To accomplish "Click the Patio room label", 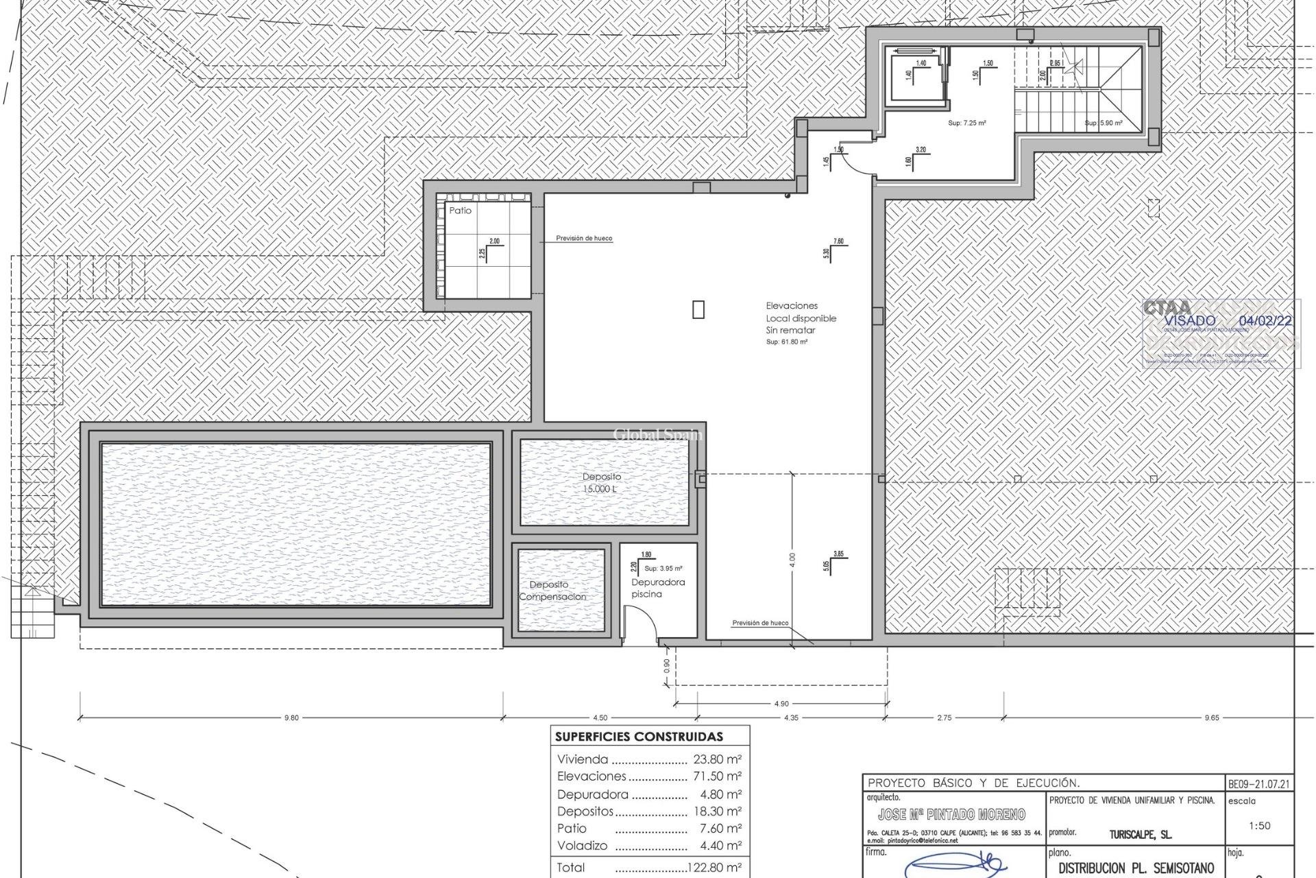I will tap(461, 211).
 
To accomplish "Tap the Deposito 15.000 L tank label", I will tap(602, 483).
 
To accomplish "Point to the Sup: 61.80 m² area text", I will tap(786, 342).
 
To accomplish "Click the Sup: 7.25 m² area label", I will tap(966, 123).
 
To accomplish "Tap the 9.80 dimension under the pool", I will tap(291, 717).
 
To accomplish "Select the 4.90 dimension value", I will tap(781, 703).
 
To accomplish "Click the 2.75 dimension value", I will tap(944, 717).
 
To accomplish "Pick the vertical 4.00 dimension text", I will tap(792, 560).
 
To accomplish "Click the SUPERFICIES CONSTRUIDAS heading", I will tap(639, 737).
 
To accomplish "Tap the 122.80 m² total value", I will tap(714, 868).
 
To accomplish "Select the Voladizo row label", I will tap(582, 846).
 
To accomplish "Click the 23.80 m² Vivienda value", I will tap(717, 759).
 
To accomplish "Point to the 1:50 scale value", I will tap(1259, 826).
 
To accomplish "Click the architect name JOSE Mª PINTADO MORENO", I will tap(951, 814).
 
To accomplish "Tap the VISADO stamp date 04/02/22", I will tap(1266, 320).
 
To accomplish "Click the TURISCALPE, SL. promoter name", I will tap(1141, 835).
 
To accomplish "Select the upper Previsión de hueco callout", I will tap(584, 238).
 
